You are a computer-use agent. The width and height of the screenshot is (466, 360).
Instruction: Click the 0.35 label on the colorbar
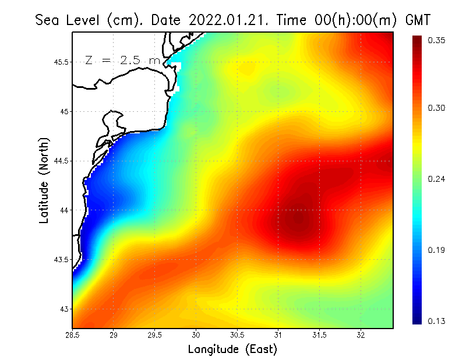tap(437, 40)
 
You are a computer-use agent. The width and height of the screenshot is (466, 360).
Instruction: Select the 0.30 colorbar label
tap(437, 108)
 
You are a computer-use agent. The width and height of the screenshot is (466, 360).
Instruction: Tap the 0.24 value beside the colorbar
tap(437, 179)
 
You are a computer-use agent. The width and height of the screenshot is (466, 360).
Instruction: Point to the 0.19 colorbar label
tap(437, 250)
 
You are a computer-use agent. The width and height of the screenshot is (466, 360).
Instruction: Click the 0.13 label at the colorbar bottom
tap(437, 321)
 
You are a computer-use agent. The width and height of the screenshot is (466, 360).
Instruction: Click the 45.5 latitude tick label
tap(62, 62)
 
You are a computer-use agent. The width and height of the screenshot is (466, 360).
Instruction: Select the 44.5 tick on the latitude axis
tap(62, 161)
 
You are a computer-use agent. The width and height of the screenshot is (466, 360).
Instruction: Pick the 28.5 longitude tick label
tap(73, 336)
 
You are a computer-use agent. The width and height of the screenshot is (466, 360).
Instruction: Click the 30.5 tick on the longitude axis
tap(237, 336)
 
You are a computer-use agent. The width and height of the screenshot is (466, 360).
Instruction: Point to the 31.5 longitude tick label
tap(319, 336)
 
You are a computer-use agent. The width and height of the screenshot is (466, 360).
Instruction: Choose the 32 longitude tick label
tap(361, 336)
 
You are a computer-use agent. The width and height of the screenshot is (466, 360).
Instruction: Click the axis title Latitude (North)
tap(44, 180)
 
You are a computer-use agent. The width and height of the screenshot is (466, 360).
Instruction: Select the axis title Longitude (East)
tap(232, 349)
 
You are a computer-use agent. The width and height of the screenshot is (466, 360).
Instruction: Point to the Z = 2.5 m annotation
tap(122, 60)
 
